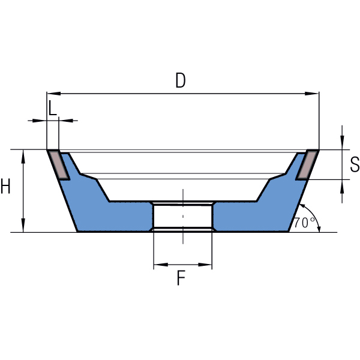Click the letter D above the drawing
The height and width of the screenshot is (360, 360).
(x=181, y=80)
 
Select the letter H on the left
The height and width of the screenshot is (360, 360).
(x=5, y=186)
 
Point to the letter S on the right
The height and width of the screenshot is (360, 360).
(x=355, y=164)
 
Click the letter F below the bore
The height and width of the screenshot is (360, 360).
(x=181, y=278)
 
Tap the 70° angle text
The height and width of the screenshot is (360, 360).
(x=304, y=223)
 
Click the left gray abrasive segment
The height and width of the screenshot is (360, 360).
(x=59, y=165)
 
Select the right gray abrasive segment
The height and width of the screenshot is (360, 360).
(x=307, y=165)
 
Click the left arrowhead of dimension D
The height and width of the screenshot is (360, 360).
(x=54, y=94)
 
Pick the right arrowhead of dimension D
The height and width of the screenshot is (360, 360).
(x=312, y=94)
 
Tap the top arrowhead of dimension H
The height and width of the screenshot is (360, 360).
(x=23, y=157)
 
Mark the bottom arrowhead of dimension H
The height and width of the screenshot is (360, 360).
(x=23, y=225)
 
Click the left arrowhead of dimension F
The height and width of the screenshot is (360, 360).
(x=161, y=265)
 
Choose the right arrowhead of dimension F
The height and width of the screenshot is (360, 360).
(x=205, y=265)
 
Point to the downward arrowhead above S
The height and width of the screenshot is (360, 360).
(x=342, y=143)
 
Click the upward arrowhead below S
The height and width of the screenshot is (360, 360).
(x=342, y=187)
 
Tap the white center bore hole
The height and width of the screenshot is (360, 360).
(x=183, y=216)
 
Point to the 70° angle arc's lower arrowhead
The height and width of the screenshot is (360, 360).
(x=319, y=229)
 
